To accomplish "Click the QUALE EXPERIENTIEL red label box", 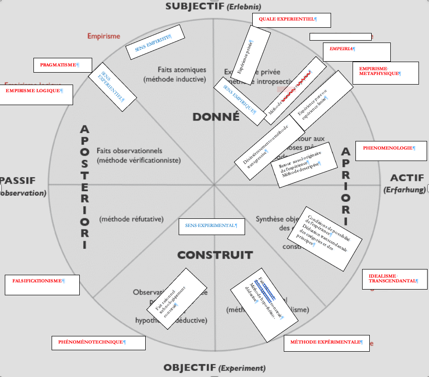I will pyautogui.click(x=291, y=20).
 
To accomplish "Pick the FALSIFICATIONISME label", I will pyautogui.click(x=42, y=285).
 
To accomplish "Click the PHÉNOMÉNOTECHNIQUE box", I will pyautogui.click(x=98, y=343).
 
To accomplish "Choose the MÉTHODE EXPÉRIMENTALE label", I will pyautogui.click(x=326, y=343).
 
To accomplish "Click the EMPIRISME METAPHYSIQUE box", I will pyautogui.click(x=385, y=72).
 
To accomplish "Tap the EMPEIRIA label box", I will pyautogui.click(x=356, y=52).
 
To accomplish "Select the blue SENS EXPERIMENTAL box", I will pyautogui.click(x=212, y=226).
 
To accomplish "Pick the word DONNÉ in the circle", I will pyautogui.click(x=215, y=117).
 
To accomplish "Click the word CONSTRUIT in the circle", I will pyautogui.click(x=214, y=255).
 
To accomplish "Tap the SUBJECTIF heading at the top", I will pyautogui.click(x=195, y=6).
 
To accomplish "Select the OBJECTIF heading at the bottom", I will pyautogui.click(x=189, y=368).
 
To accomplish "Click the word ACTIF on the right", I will pyautogui.click(x=407, y=178).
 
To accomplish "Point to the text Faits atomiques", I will pyautogui.click(x=182, y=70).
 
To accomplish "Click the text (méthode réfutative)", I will pyautogui.click(x=131, y=219).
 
